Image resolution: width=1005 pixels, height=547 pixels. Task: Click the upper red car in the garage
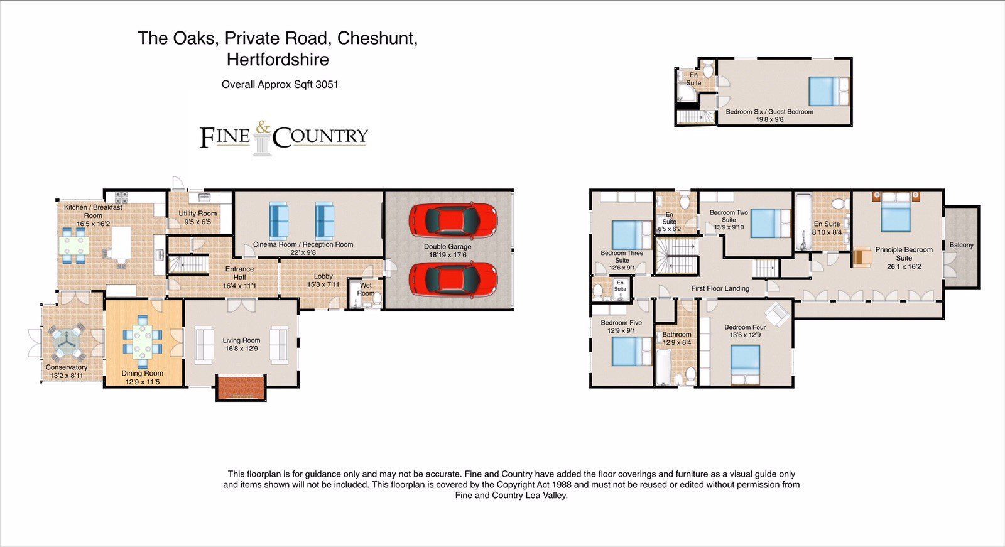pos(453,219)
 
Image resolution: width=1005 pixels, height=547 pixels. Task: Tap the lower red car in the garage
pos(453,280)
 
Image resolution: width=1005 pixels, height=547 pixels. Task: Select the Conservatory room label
pos(67,367)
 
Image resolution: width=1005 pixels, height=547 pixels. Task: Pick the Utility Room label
pos(197,213)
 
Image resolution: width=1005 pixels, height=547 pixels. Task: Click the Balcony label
pos(962,245)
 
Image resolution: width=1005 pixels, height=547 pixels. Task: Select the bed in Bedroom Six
pos(828,91)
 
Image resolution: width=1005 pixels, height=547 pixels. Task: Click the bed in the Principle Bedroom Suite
pos(896,212)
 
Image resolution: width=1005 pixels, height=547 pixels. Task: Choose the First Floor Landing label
pos(720,288)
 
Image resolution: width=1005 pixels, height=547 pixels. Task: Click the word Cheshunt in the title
pos(378,38)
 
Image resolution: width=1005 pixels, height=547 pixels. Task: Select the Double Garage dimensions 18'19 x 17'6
pos(448,255)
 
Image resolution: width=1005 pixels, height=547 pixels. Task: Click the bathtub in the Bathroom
pos(663,367)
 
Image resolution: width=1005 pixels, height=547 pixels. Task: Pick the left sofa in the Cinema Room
pos(279,221)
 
